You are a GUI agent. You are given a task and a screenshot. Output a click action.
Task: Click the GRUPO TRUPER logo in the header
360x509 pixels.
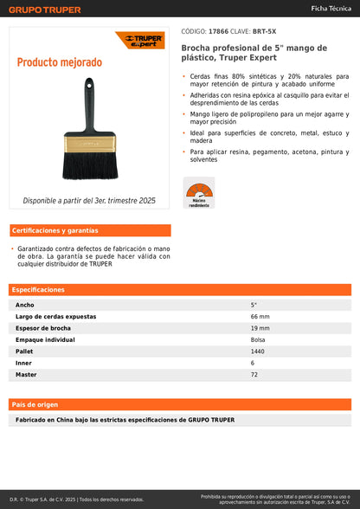(45, 10)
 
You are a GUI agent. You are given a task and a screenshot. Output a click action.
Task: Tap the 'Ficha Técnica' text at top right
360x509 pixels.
(331, 8)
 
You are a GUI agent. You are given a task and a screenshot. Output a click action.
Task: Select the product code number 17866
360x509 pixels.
(220, 30)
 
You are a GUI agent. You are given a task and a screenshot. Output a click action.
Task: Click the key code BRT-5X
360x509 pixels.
(265, 30)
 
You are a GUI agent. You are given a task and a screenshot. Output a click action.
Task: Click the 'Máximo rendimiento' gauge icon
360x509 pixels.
(199, 191)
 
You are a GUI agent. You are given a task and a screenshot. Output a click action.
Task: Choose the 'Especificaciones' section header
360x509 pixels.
(38, 289)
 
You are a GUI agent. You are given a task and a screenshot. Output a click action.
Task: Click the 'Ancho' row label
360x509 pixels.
(25, 305)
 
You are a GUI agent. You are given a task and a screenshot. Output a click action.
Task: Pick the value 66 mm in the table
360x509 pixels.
(260, 317)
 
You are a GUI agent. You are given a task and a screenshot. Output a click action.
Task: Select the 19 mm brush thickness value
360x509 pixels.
(260, 328)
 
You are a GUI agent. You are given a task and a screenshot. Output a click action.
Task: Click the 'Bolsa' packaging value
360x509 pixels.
(258, 340)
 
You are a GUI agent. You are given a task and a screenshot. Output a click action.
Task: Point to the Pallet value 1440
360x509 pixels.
(258, 351)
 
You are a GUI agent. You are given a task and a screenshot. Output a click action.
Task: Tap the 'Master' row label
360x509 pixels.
(26, 375)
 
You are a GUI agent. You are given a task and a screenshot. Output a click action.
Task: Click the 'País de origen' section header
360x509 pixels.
(35, 404)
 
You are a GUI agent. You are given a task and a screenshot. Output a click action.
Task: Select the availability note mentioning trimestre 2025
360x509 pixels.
(89, 200)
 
